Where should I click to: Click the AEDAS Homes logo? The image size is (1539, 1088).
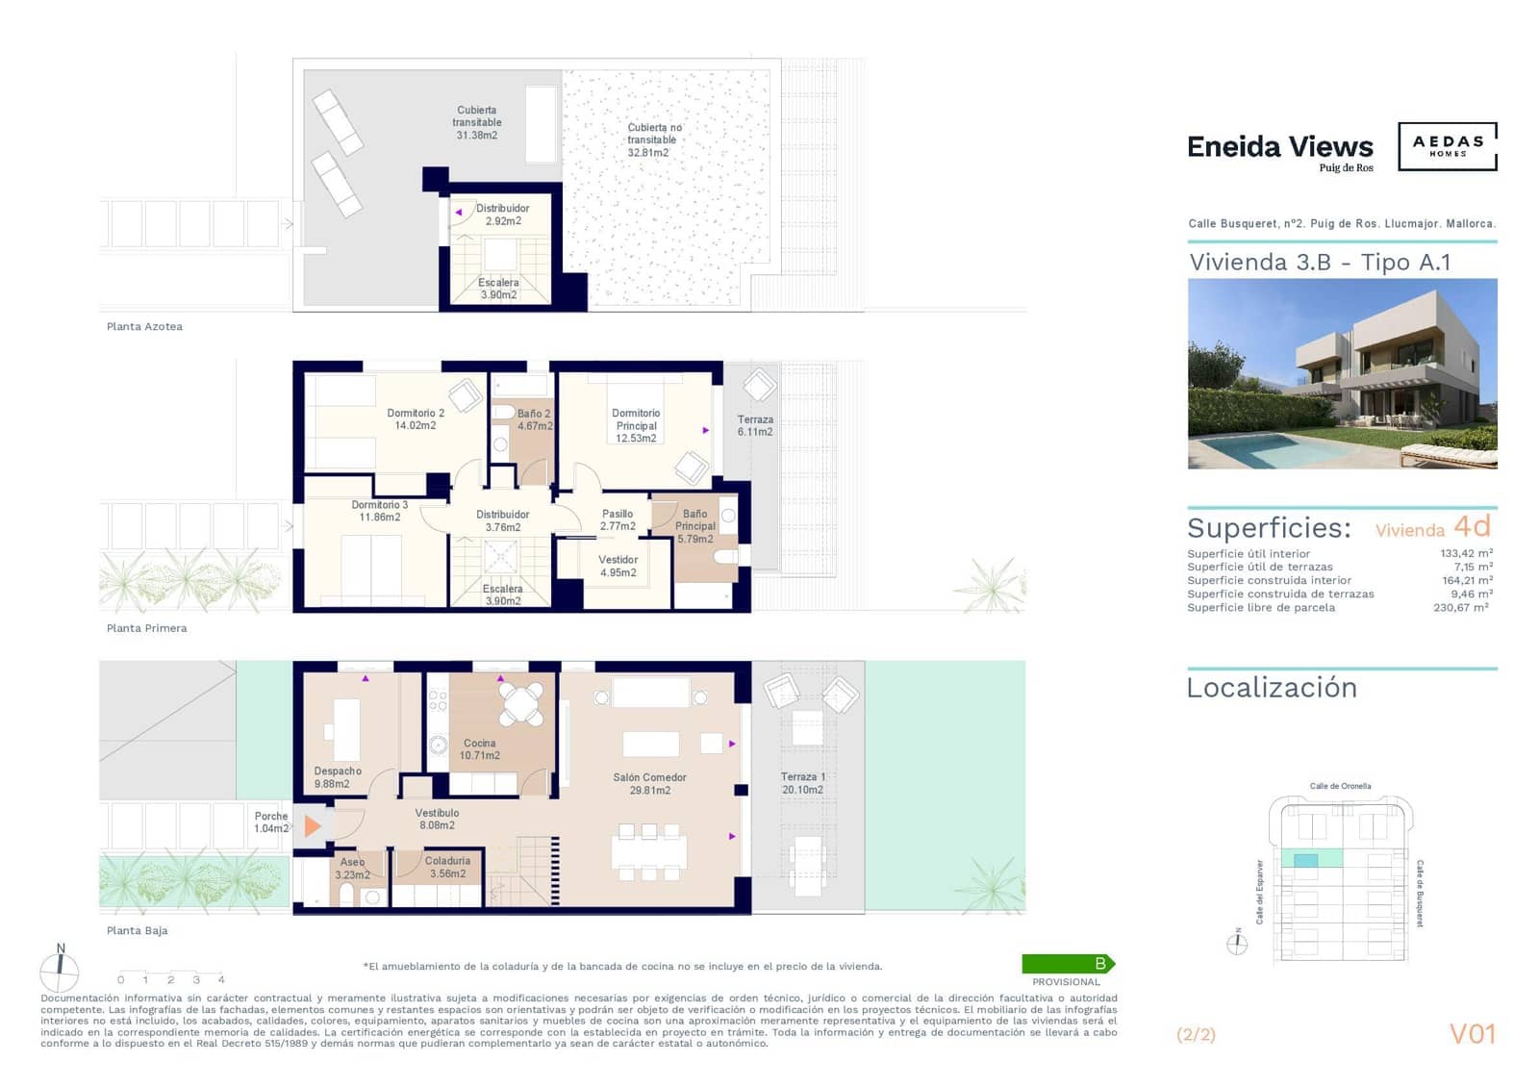click(1447, 146)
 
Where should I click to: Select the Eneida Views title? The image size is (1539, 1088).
click(1279, 147)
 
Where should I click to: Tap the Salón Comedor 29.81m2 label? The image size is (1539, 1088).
click(649, 783)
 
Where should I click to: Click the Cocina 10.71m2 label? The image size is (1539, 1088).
click(479, 748)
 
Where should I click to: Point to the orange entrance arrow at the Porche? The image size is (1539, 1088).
click(312, 825)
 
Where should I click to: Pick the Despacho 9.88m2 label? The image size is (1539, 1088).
click(337, 777)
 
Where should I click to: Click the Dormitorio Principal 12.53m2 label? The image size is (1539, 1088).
click(636, 425)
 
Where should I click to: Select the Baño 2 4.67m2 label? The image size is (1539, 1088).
click(534, 419)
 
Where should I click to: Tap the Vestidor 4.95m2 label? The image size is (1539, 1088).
click(618, 566)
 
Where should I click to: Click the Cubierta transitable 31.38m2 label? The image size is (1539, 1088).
click(476, 122)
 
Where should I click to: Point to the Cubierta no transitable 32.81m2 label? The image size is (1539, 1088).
click(653, 139)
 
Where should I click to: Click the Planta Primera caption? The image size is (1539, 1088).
click(146, 628)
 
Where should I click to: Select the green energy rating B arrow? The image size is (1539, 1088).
click(1067, 963)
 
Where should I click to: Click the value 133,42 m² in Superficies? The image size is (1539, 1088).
click(1466, 553)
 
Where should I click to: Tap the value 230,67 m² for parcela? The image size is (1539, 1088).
click(1460, 607)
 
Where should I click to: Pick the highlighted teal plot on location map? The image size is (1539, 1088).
click(1305, 860)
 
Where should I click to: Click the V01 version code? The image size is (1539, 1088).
click(1472, 1034)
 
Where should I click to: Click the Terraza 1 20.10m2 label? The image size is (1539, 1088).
click(802, 783)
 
